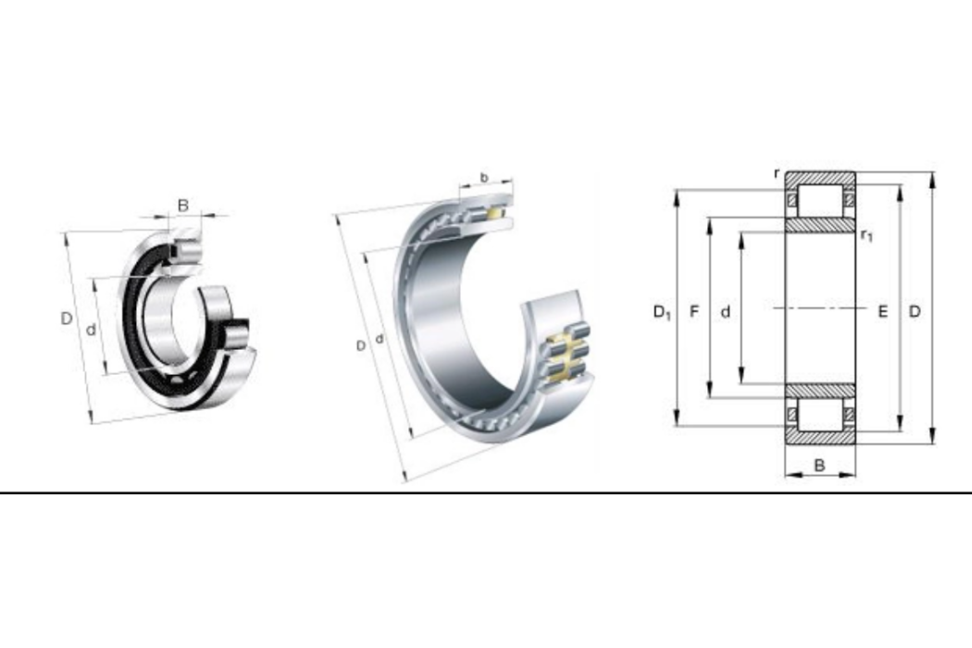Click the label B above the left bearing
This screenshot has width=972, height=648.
click(183, 205)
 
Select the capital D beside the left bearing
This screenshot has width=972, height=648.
click(67, 318)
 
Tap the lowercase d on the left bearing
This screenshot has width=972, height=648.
click(91, 330)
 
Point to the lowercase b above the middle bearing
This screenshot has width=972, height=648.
click(484, 178)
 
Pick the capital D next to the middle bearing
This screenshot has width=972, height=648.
click(360, 346)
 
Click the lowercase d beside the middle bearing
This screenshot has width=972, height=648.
click(380, 339)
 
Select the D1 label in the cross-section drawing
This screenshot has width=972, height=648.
click(662, 312)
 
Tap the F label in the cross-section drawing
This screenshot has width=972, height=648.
click(694, 311)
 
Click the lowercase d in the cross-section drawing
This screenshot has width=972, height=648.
click(725, 312)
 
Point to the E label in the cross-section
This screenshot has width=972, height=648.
click(883, 311)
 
